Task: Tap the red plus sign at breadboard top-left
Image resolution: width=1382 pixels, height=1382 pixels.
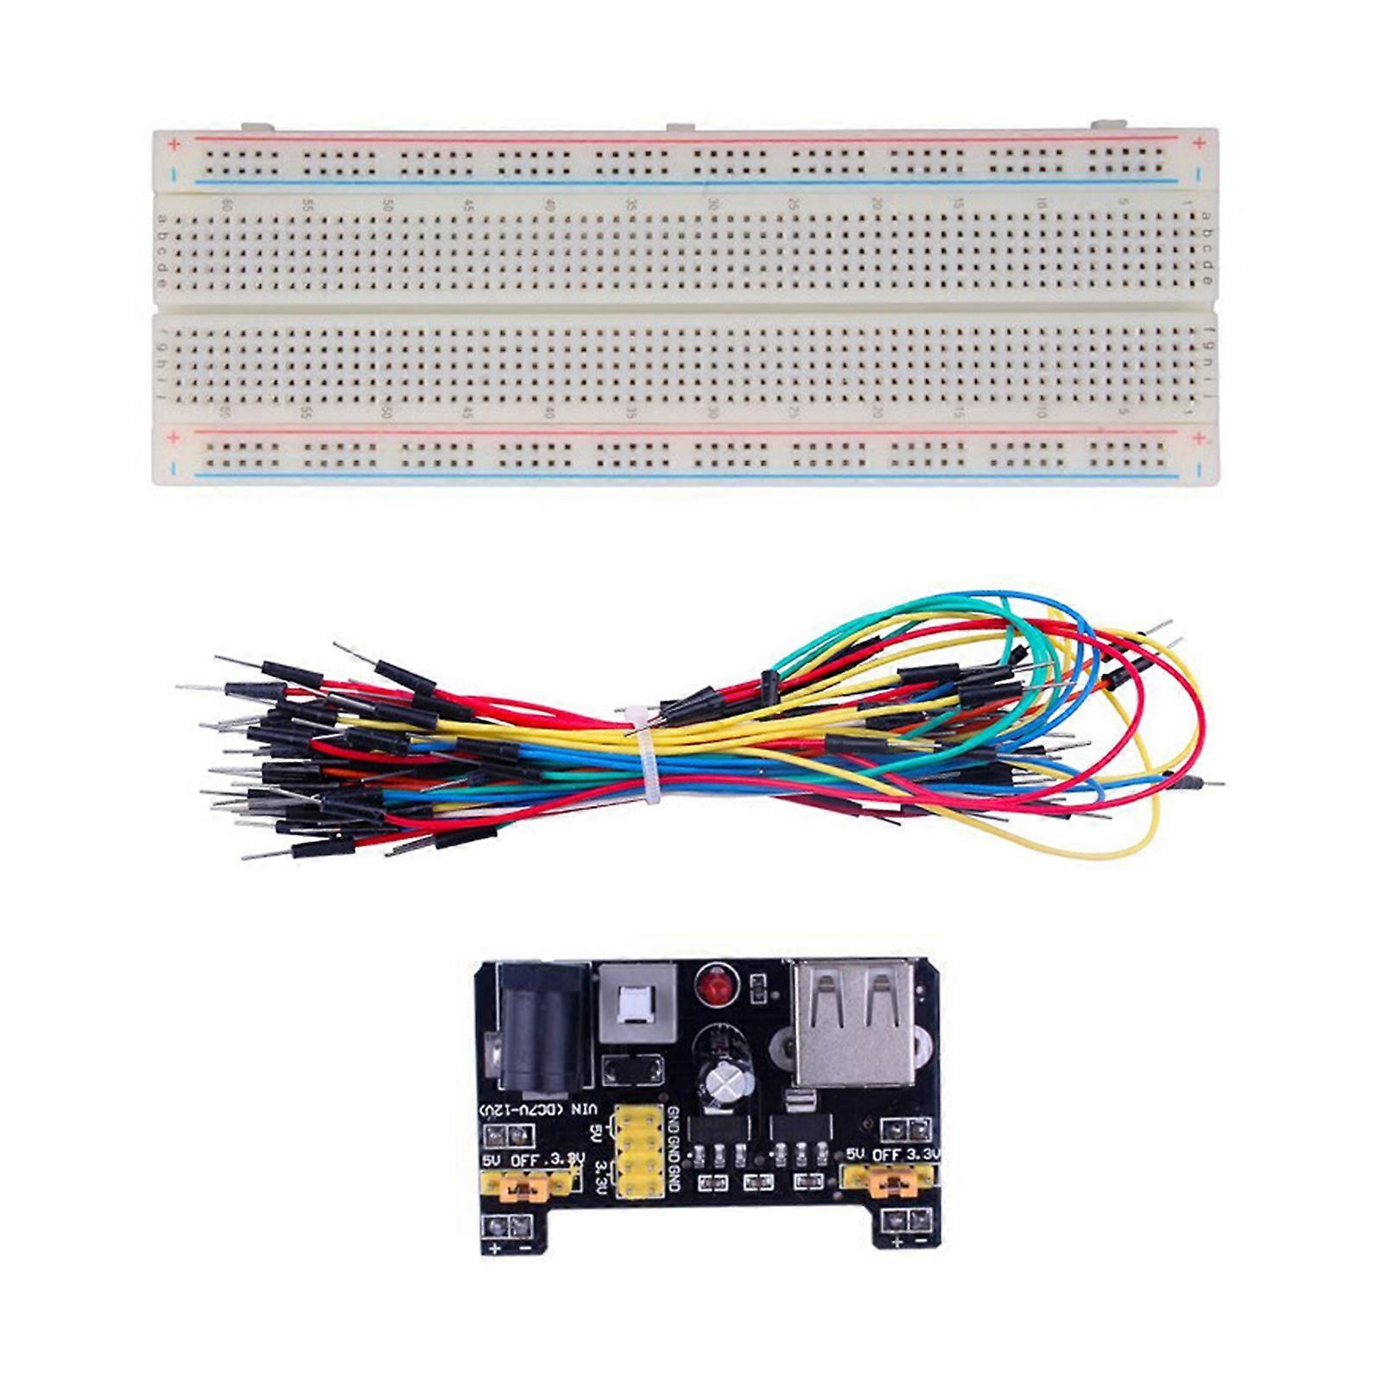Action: (x=174, y=143)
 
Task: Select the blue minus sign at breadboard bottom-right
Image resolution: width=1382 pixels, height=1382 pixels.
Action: (x=1199, y=470)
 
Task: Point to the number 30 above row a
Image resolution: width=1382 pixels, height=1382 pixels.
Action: (x=712, y=206)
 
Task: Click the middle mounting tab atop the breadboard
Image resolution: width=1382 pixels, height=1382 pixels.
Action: (x=681, y=128)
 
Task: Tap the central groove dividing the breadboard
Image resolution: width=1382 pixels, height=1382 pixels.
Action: (x=682, y=307)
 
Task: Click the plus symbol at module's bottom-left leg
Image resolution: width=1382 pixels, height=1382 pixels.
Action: (x=495, y=1250)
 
